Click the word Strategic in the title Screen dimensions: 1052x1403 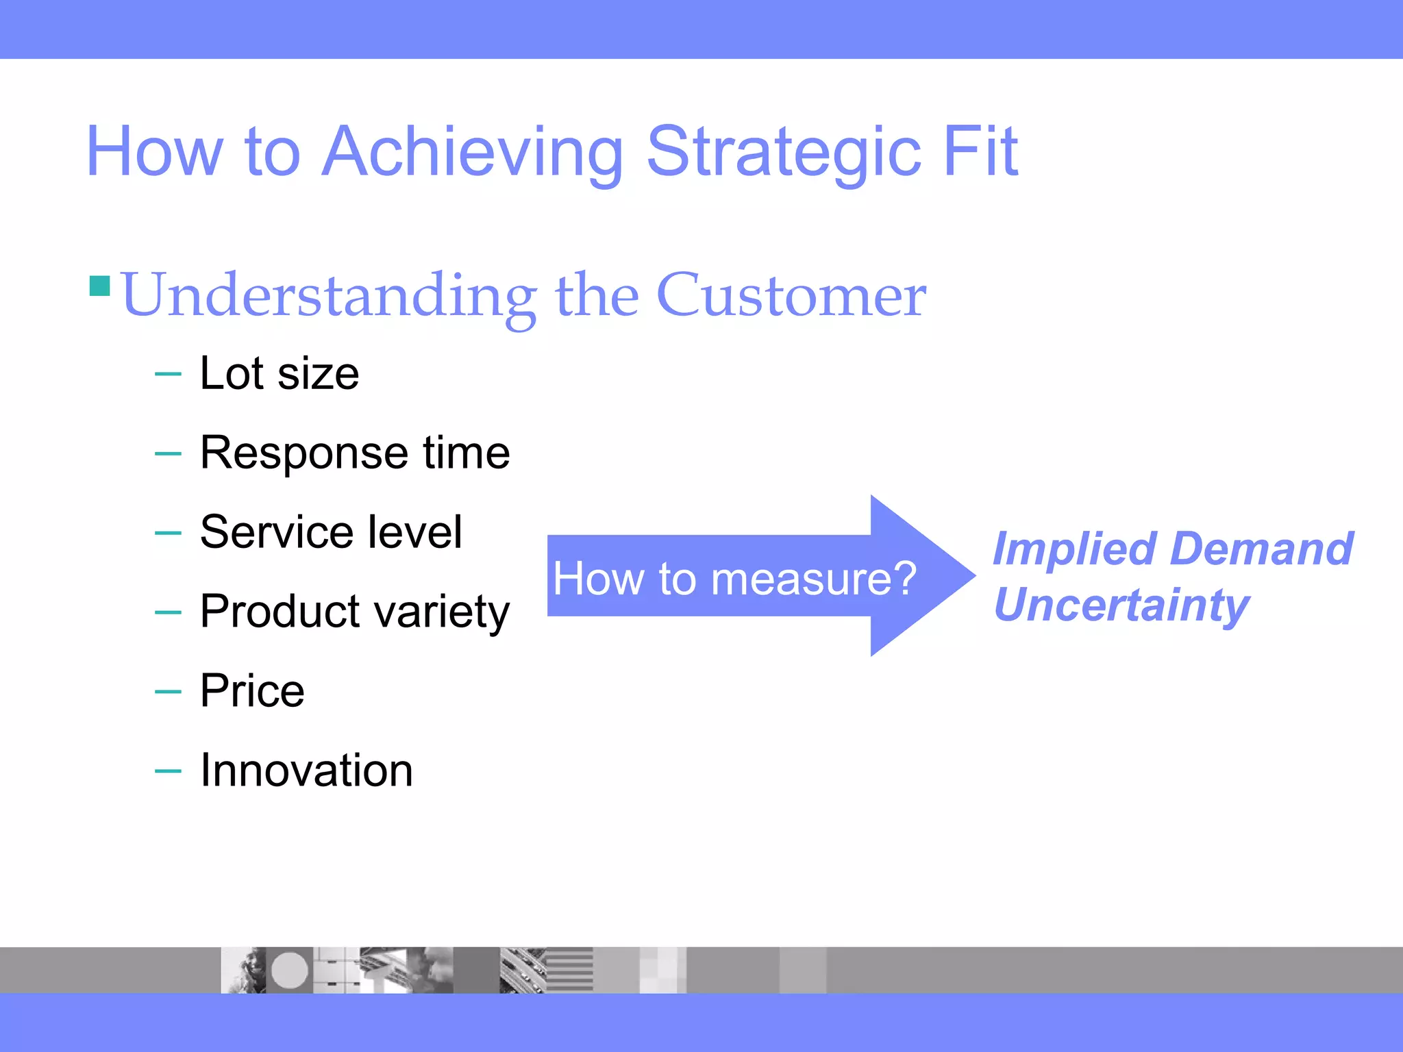click(784, 152)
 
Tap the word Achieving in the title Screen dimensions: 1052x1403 click(472, 152)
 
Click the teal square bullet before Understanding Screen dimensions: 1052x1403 click(100, 286)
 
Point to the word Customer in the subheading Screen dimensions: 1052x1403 click(791, 295)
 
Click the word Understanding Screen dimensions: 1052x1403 click(329, 297)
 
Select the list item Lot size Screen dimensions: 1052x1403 click(279, 374)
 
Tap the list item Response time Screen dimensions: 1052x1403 click(354, 453)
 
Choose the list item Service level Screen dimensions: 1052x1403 click(331, 532)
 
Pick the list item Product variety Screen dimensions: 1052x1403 click(354, 612)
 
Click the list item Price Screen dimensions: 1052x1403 click(252, 690)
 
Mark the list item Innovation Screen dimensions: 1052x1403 click(306, 771)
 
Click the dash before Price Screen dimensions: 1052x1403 click(168, 692)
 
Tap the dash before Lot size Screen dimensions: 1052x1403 click(168, 375)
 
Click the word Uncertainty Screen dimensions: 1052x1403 click(1121, 605)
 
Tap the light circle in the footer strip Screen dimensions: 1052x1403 click(289, 970)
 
